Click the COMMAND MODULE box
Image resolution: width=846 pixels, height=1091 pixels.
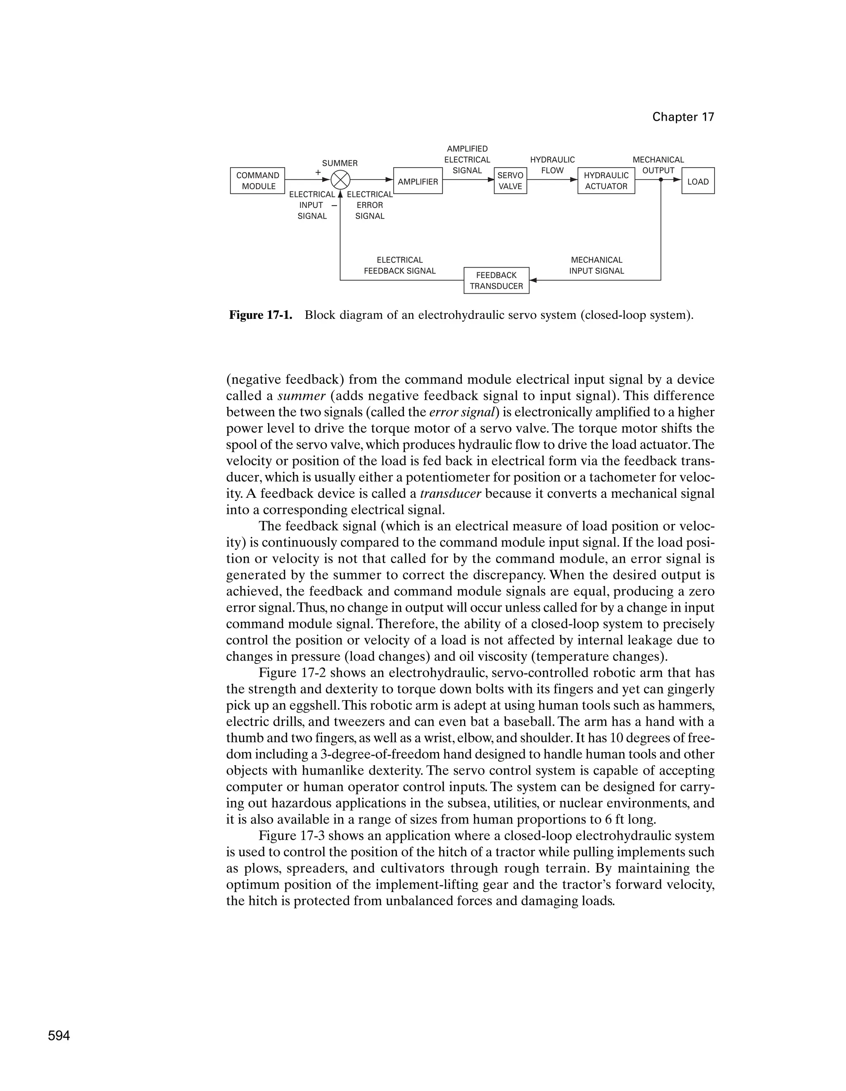pyautogui.click(x=257, y=181)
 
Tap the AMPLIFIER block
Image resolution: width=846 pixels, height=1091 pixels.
pyautogui.click(x=418, y=181)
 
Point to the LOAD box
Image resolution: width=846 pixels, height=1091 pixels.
pyautogui.click(x=698, y=181)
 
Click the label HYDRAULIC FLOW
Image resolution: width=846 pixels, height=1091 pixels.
pyautogui.click(x=552, y=165)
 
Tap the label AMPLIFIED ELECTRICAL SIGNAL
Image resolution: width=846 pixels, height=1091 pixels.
pyautogui.click(x=467, y=159)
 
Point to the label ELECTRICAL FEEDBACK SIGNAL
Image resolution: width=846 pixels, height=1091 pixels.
pyautogui.click(x=399, y=265)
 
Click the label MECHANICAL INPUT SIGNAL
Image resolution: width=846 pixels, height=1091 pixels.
pyautogui.click(x=596, y=265)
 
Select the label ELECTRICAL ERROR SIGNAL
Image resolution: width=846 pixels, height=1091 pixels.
pyautogui.click(x=370, y=205)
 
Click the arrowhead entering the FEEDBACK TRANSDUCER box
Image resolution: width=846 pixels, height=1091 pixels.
pyautogui.click(x=533, y=280)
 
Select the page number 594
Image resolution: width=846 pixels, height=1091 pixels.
pyautogui.click(x=59, y=1036)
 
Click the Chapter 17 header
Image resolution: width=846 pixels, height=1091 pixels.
pyautogui.click(x=683, y=117)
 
